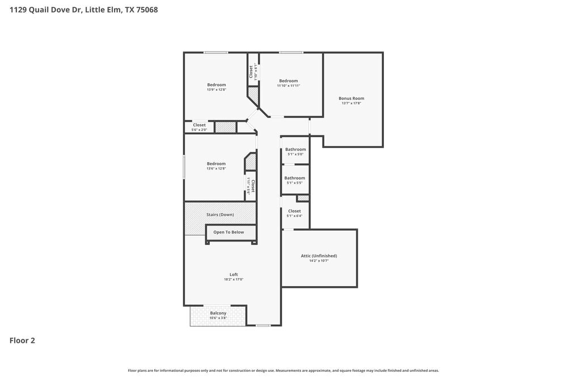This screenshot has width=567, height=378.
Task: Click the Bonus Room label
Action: tap(352, 98)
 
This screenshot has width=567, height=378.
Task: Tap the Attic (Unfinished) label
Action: tap(319, 256)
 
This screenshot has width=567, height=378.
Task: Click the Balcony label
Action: tap(218, 313)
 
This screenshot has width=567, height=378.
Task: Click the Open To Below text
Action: tap(229, 232)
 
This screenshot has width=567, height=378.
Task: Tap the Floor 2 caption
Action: tap(22, 341)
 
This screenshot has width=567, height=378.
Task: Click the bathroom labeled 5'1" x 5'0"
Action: tap(295, 150)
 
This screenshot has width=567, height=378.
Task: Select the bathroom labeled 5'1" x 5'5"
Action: tap(295, 178)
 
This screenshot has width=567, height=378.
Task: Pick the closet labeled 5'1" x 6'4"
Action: tap(294, 211)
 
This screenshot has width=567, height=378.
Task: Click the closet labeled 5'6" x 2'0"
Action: tap(199, 125)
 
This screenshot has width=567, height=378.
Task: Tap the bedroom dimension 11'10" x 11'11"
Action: tap(289, 86)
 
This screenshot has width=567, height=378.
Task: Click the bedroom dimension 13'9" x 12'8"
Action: tap(216, 90)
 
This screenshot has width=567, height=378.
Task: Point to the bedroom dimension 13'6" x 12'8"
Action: tap(216, 168)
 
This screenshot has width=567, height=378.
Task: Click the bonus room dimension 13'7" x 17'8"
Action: tap(352, 103)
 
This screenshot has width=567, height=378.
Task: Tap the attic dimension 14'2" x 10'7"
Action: tap(319, 261)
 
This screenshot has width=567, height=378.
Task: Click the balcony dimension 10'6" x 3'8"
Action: tap(218, 318)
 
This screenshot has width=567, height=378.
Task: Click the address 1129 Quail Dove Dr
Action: tap(46, 10)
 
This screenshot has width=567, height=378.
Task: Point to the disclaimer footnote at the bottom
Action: tap(283, 370)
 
